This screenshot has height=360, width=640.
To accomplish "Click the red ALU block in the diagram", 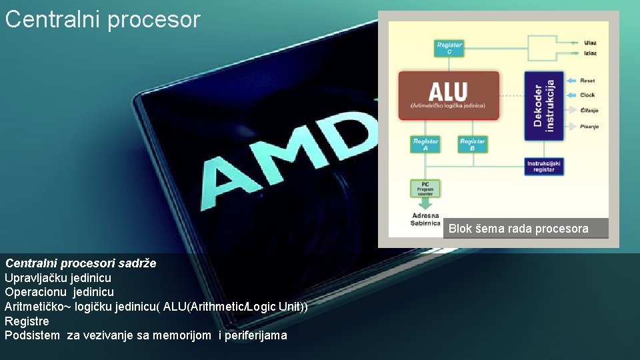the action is [x=448, y=95].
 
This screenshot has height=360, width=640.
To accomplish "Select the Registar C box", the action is [x=449, y=48].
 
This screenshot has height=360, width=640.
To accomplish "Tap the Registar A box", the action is [x=425, y=144].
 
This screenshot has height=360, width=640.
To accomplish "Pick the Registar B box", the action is [x=472, y=144].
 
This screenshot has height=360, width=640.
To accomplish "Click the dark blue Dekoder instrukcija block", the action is [x=543, y=105].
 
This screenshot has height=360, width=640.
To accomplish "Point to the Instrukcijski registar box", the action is [x=544, y=166].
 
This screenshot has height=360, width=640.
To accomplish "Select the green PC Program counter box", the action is [x=425, y=188].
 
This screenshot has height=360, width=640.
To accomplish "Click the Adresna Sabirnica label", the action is [x=425, y=219].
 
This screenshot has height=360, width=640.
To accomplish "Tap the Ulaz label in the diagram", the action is [x=590, y=43].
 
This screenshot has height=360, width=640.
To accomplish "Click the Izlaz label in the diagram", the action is [x=590, y=53].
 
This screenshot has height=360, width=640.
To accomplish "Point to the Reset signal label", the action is [x=587, y=81].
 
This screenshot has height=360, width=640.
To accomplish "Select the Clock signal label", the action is [x=587, y=95].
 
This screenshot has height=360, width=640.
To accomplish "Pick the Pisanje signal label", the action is [x=589, y=126].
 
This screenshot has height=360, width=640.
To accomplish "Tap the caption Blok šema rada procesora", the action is [x=519, y=229].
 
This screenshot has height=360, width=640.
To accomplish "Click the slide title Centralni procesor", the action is [x=103, y=19].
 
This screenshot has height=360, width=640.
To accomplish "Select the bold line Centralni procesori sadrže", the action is [x=81, y=263].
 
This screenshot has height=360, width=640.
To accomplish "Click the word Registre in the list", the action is [x=27, y=321].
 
